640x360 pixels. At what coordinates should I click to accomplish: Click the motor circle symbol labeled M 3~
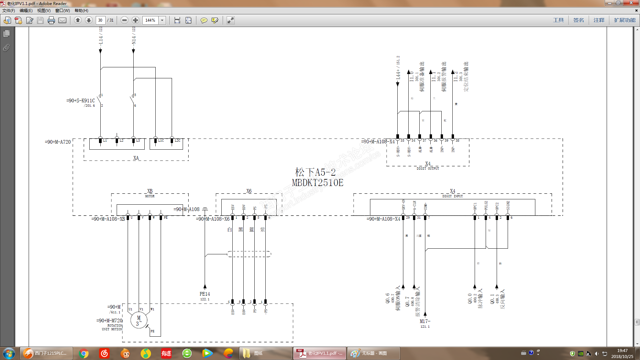(x=139, y=321)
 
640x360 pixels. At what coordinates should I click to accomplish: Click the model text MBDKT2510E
(x=317, y=183)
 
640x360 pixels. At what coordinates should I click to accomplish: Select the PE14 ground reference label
(x=205, y=294)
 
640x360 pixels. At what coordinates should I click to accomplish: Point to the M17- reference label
(x=425, y=321)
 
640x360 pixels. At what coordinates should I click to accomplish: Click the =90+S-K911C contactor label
(x=81, y=101)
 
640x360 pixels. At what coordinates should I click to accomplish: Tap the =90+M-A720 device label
(x=58, y=142)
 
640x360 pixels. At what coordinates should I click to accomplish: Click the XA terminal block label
(x=136, y=158)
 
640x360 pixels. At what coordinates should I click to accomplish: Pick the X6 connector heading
(x=249, y=191)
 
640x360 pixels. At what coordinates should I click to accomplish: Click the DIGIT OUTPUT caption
(x=428, y=169)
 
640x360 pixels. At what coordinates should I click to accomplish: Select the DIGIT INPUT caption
(x=452, y=196)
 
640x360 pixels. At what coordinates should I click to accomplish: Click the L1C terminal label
(x=161, y=141)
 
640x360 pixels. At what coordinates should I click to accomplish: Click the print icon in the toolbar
(x=51, y=20)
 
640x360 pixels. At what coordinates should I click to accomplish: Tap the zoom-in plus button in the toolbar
(x=135, y=20)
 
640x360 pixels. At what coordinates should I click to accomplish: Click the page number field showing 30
(x=100, y=20)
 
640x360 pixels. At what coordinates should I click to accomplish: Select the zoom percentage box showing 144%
(x=150, y=20)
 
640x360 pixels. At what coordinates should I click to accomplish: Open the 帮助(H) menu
(x=81, y=11)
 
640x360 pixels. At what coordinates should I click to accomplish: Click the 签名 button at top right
(x=578, y=20)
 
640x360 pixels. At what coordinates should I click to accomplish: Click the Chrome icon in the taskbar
(x=84, y=353)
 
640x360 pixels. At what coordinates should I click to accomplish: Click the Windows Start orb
(x=9, y=353)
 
